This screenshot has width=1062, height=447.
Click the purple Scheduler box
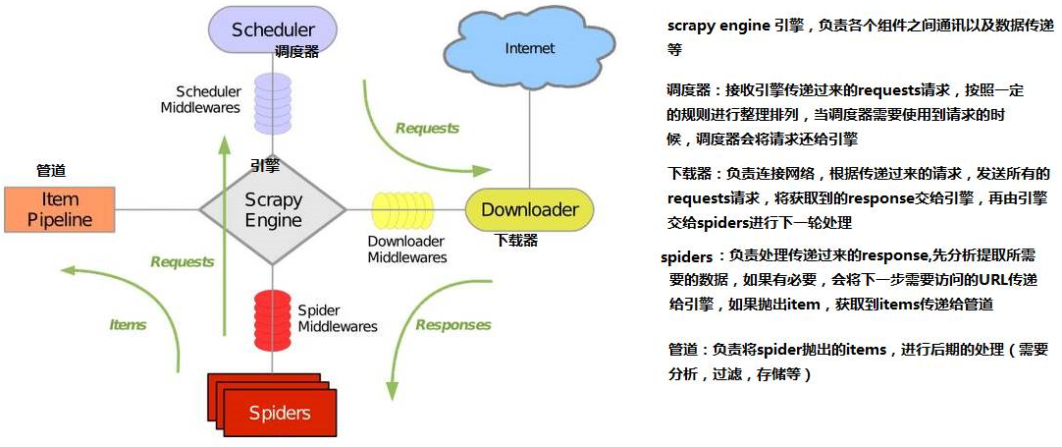272,28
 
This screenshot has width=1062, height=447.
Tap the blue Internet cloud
529,48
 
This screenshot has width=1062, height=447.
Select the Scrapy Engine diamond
273,209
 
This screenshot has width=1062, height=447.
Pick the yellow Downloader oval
529,209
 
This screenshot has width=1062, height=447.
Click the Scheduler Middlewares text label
201,99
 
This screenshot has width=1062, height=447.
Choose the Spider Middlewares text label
338,318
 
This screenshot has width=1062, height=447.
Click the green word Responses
452,325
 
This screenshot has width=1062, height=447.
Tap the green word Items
127,325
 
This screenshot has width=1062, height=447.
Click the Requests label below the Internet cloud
427,128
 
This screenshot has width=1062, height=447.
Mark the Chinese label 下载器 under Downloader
516,239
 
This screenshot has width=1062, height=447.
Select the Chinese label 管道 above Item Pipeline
51,170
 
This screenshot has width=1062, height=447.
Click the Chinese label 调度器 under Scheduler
296,52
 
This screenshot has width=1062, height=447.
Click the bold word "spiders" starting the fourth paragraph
686,257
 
